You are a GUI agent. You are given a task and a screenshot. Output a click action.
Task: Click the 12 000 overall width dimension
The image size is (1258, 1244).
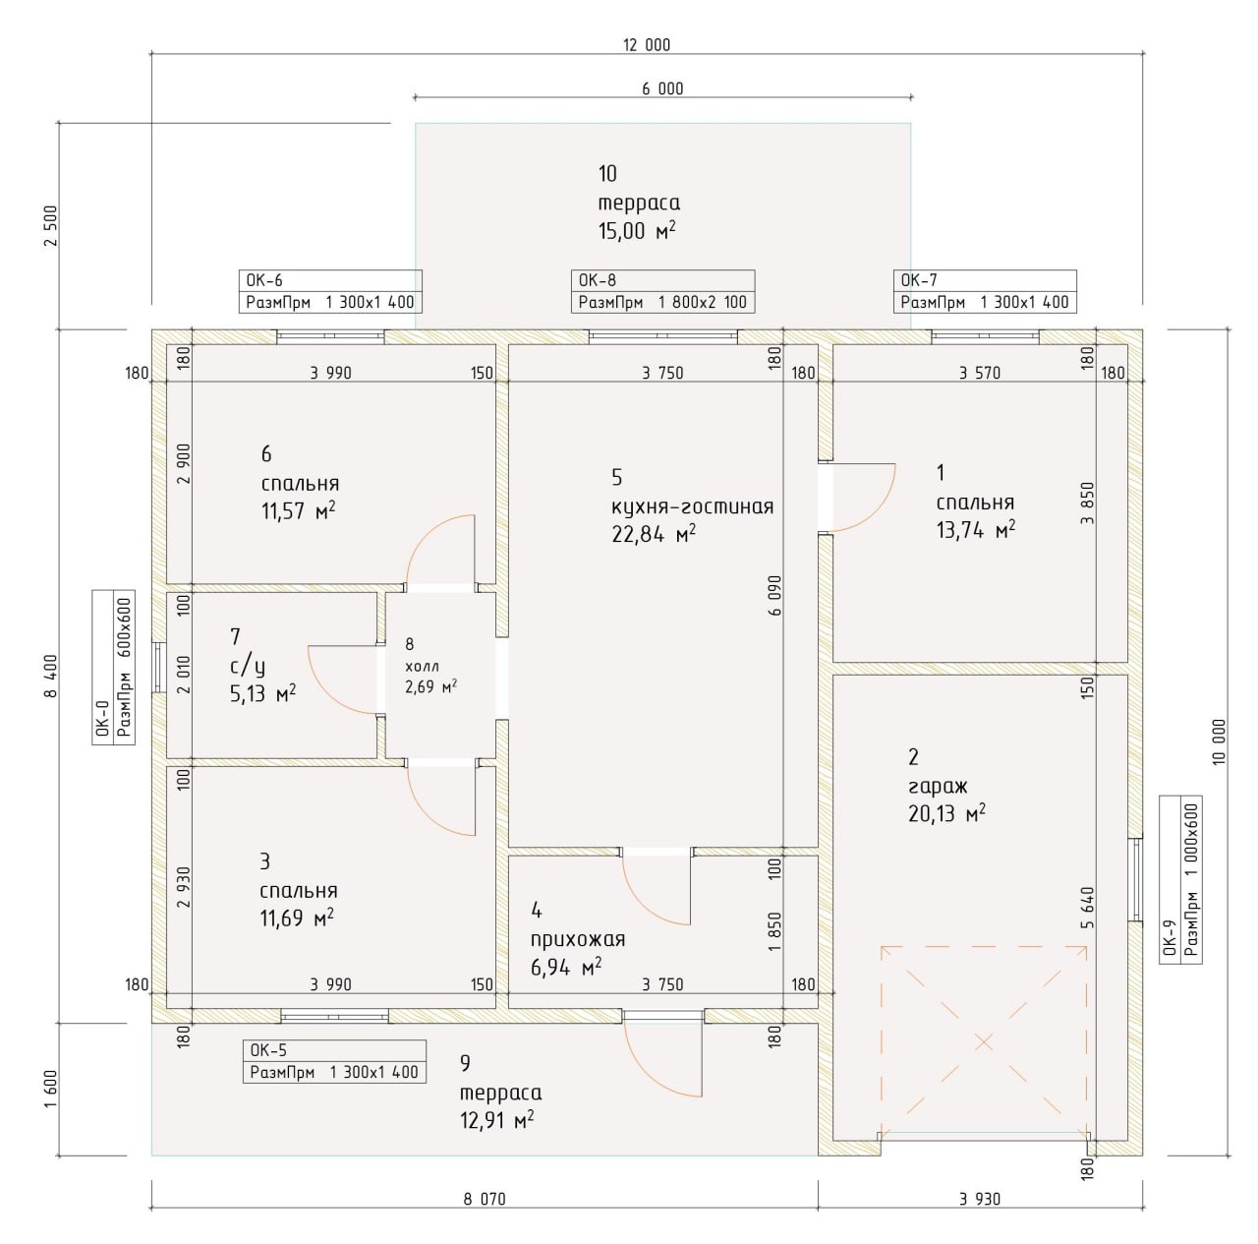[x=647, y=45]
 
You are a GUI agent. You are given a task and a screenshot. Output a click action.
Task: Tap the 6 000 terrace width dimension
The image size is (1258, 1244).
[x=662, y=89]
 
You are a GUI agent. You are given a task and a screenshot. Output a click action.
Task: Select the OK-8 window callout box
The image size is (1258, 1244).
[x=662, y=291]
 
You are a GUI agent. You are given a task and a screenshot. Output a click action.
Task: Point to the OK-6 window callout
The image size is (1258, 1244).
[x=330, y=291]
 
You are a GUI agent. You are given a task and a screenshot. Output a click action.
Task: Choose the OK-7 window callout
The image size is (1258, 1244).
[x=985, y=291]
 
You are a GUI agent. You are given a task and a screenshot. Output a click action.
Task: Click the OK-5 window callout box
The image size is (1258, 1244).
[x=334, y=1061]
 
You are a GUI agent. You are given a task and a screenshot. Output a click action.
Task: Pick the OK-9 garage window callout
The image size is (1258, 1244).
[x=1180, y=879]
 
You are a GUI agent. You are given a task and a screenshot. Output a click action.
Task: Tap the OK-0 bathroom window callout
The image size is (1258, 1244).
[x=114, y=667]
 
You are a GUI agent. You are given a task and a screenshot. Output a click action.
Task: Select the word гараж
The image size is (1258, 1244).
[x=938, y=787]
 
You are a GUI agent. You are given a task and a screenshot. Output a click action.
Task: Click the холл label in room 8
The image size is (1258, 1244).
[x=422, y=667]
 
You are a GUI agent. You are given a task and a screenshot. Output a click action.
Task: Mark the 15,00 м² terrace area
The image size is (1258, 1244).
[x=637, y=231]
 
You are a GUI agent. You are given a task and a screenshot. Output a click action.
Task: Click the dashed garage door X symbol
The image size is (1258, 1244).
[x=984, y=1042]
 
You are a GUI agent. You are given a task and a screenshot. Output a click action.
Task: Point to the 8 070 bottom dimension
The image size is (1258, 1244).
[x=485, y=1199]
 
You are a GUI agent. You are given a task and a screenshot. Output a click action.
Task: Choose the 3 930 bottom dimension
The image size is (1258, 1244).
[x=980, y=1199]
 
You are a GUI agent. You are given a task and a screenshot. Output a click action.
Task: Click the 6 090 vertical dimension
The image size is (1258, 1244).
[x=774, y=595]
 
